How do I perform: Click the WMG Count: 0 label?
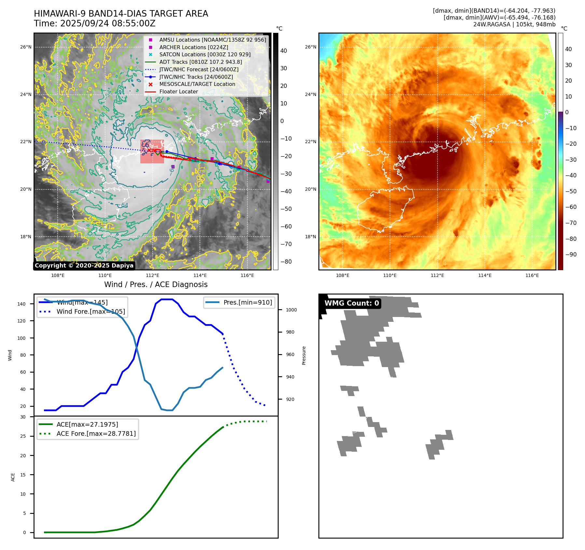(x=352, y=303)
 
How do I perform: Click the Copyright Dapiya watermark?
(x=84, y=266)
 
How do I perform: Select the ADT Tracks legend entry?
(x=201, y=62)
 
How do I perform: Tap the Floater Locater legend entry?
(x=178, y=92)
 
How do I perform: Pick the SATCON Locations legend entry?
(x=205, y=54)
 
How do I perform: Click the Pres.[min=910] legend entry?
(x=247, y=302)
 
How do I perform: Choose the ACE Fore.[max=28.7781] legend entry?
(x=96, y=433)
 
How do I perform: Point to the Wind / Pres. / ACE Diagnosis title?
(x=156, y=284)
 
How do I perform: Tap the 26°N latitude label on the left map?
(x=26, y=47)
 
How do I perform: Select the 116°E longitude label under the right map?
(x=532, y=276)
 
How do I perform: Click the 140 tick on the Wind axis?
(x=21, y=304)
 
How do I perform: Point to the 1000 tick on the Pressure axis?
(x=291, y=310)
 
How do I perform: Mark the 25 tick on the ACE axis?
(x=23, y=436)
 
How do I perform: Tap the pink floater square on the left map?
(x=152, y=152)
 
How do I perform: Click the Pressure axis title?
(x=304, y=355)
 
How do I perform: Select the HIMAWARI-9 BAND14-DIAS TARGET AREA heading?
(x=121, y=14)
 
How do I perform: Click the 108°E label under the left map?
(x=58, y=276)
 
